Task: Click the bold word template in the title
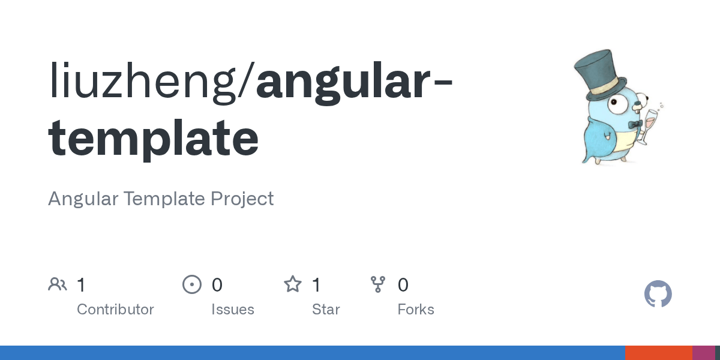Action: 154,139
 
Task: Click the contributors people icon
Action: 58,284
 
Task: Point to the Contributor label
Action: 115,310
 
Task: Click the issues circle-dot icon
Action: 192,284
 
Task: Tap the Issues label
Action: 233,310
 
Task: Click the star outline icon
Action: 293,284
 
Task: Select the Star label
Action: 326,310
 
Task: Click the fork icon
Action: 378,284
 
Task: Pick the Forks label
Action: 416,310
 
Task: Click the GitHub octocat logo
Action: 658,294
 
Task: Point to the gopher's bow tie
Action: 636,124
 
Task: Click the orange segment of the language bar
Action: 658,353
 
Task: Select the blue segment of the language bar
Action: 312,353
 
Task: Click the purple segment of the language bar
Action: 703,353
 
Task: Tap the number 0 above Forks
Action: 403,284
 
